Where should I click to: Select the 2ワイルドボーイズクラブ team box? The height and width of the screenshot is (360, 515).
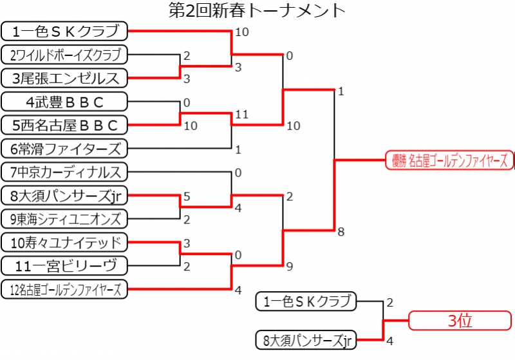click(64, 54)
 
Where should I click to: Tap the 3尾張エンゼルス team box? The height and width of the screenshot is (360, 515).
click(64, 78)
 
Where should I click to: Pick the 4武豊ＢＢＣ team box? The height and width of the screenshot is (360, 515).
click(64, 102)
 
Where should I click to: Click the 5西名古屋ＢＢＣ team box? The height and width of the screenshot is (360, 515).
click(64, 125)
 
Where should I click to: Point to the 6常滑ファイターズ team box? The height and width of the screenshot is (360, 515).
click(64, 149)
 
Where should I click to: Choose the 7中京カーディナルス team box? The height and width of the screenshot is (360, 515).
click(64, 172)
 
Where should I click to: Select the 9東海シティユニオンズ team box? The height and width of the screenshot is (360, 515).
click(64, 219)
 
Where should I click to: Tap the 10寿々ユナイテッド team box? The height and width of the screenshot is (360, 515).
click(64, 242)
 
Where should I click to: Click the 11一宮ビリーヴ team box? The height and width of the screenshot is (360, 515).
click(64, 265)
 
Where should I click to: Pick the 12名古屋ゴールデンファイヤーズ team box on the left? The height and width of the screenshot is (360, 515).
click(64, 289)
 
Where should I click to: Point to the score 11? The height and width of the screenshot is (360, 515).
click(241, 114)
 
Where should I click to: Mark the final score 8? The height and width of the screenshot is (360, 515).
click(341, 231)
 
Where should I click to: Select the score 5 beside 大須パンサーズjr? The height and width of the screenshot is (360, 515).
click(186, 196)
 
